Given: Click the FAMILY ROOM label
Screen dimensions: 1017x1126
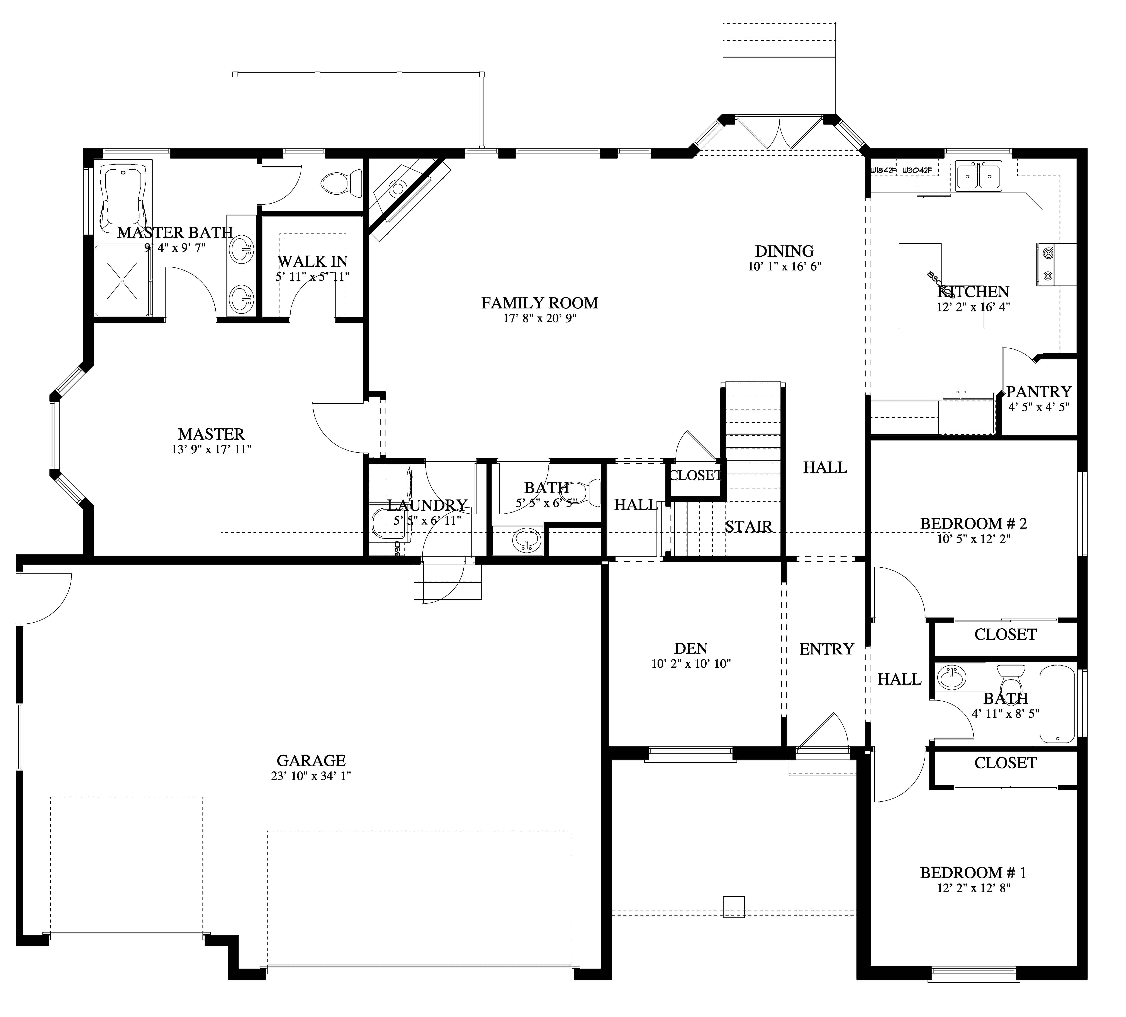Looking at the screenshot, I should coord(540,303).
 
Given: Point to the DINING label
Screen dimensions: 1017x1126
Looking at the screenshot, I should coord(784,251).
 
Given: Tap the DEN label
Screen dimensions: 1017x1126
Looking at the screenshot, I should coord(691,648).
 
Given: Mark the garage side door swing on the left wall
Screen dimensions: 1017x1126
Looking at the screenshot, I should coord(42,598).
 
